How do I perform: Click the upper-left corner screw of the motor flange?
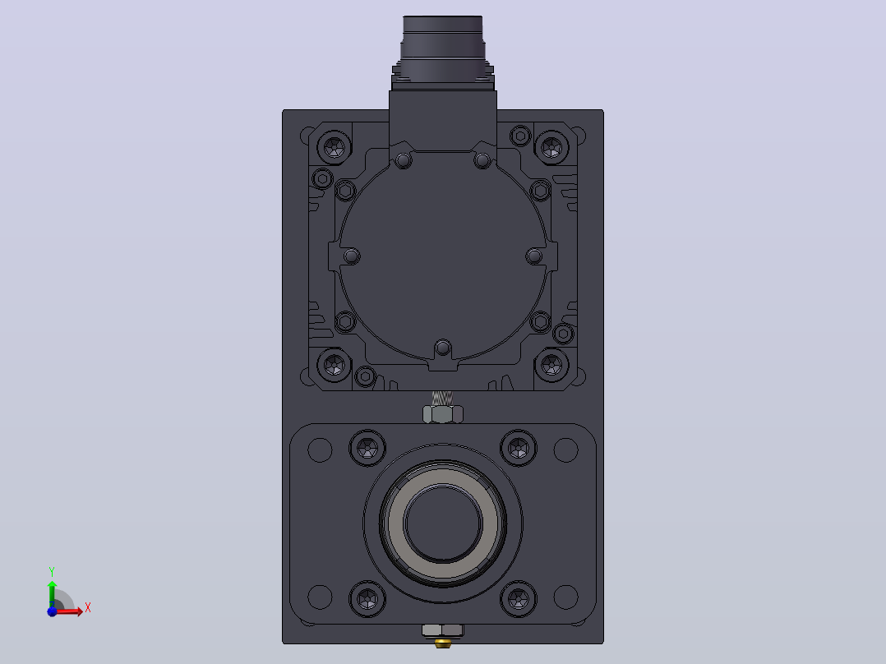pos(335,147)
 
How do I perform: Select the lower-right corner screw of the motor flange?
pos(551,365)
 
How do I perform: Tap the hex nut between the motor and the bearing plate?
pos(443,414)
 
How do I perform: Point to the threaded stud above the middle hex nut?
pos(442,398)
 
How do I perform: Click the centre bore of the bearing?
pos(443,523)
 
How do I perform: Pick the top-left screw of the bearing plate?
pos(368,449)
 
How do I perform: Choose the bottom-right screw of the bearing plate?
pos(518,598)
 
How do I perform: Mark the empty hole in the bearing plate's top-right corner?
pos(565,450)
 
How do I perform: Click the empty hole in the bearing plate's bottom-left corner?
pos(320,597)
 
